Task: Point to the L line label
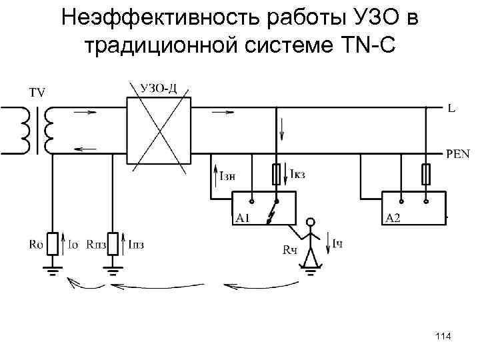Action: click(451, 107)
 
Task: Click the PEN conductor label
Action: click(457, 154)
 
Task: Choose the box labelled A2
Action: click(413, 207)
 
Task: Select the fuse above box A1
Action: click(275, 175)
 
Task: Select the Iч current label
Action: click(338, 245)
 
